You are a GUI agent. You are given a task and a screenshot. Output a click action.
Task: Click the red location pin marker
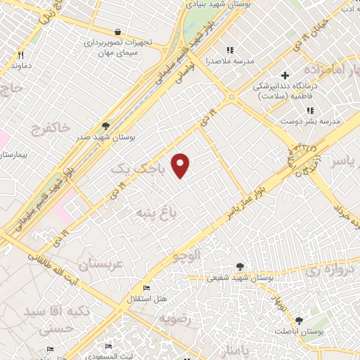(181, 164)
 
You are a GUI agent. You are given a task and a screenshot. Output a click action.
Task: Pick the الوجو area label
(188, 255)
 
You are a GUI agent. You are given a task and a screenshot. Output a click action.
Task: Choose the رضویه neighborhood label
(174, 319)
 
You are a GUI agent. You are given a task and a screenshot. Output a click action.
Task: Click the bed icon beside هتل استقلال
(146, 288)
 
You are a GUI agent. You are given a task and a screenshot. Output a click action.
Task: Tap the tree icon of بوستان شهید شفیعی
(241, 266)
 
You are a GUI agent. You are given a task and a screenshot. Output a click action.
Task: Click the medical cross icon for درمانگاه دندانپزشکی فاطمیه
(285, 75)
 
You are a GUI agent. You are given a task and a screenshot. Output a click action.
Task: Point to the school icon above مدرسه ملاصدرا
(229, 50)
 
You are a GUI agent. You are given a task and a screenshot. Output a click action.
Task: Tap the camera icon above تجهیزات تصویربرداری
(117, 32)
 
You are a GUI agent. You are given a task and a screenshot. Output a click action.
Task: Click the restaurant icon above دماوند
(21, 54)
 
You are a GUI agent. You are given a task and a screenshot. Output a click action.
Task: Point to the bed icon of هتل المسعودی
(108, 347)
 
